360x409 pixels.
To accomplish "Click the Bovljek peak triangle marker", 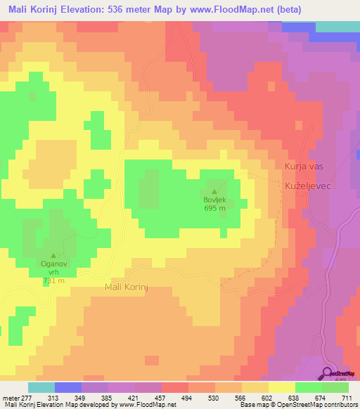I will [x=214, y=190].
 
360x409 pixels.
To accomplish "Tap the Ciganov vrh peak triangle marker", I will [x=54, y=255].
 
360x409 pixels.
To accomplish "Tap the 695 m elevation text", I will [x=214, y=208].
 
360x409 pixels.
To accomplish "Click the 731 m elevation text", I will [x=53, y=280].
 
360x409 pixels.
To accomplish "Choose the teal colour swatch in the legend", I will [x=41, y=387].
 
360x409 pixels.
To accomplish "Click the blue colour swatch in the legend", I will [x=68, y=387].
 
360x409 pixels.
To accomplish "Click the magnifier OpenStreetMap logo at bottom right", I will [x=328, y=374].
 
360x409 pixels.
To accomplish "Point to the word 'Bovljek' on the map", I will [x=214, y=199].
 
